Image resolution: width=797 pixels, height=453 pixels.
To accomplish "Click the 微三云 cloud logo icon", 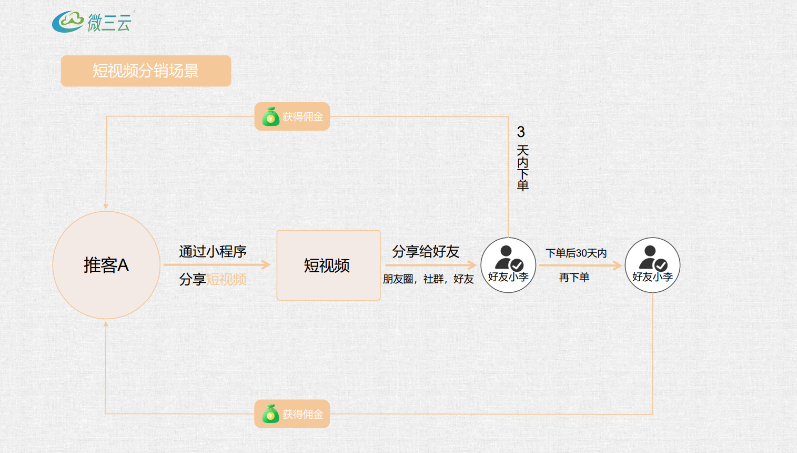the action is point(68,22).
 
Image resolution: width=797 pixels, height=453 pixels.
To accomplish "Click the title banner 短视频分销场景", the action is point(146,71).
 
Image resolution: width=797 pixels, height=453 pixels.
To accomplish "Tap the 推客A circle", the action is point(106,265).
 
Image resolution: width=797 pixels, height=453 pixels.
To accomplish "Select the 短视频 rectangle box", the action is point(328,265).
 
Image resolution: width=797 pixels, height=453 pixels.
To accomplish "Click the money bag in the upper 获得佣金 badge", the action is point(270,116).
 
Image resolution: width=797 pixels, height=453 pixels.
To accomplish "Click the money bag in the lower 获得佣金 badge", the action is point(270,414).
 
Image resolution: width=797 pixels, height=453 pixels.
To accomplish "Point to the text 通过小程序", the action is point(213,251).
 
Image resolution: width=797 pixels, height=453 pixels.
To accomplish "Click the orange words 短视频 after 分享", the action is point(226,279).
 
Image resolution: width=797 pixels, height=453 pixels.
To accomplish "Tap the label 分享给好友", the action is point(426,251).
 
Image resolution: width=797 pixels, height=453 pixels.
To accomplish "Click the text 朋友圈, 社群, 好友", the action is point(428,279).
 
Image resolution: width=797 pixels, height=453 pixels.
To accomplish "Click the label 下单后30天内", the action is point(576,253).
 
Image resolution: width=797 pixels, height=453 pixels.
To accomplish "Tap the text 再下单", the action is point(574,277).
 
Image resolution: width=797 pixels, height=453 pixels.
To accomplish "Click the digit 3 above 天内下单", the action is point(521,132).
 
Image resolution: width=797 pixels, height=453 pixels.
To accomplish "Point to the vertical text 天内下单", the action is point(522,168).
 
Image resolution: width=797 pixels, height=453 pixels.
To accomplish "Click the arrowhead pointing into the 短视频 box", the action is point(266,264).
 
